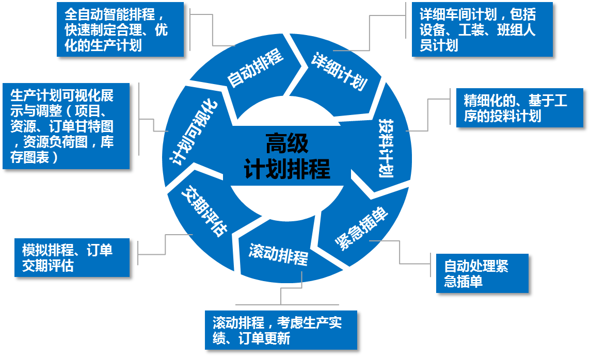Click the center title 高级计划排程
[287, 156]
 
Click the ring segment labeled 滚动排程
[278, 253]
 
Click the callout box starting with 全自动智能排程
[120, 29]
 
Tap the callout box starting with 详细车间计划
[482, 29]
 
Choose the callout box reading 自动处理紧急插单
[482, 273]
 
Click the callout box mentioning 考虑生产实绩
[280, 330]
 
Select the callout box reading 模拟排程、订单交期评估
[72, 258]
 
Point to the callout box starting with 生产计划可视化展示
[66, 126]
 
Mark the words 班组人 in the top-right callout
[518, 30]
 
